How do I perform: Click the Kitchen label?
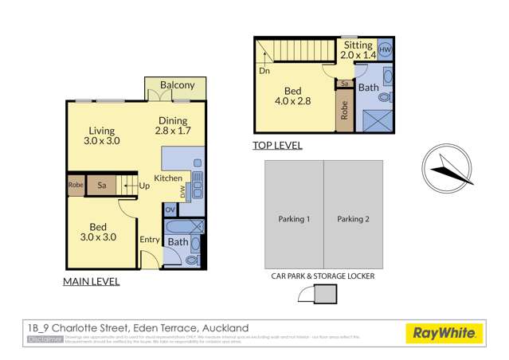coord(167,178)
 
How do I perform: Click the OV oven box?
coord(170,210)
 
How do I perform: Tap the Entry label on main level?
coord(149,239)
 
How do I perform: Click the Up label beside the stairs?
coord(144,186)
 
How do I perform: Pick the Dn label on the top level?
coord(264,71)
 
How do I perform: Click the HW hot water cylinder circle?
coord(385,49)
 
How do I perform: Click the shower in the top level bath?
coord(374,120)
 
